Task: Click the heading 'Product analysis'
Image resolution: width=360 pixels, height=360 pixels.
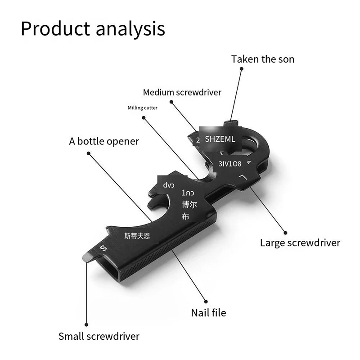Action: (x=93, y=29)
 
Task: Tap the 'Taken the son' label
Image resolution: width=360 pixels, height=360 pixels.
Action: (x=263, y=59)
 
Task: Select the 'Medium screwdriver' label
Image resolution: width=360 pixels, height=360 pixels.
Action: (x=182, y=93)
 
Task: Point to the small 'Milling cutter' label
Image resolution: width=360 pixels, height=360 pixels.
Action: (x=143, y=108)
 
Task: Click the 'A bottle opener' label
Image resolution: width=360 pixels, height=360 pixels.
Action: (x=104, y=141)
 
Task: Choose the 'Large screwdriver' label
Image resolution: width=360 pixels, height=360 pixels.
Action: (x=300, y=243)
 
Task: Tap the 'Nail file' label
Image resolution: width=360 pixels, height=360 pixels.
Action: (x=208, y=312)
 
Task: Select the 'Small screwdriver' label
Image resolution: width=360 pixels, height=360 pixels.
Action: (x=99, y=336)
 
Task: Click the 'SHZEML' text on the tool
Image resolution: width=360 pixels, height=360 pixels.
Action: (x=220, y=139)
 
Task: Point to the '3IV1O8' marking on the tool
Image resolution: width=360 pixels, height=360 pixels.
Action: (x=230, y=164)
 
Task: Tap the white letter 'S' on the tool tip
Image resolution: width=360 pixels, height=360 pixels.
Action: (x=103, y=248)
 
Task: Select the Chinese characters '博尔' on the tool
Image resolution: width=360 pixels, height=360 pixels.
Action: (x=189, y=205)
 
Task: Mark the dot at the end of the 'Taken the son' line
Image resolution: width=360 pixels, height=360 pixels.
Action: (x=242, y=68)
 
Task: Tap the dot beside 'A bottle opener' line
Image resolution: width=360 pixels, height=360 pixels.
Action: (x=89, y=153)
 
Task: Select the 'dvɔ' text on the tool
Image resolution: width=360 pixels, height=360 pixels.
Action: (x=168, y=184)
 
